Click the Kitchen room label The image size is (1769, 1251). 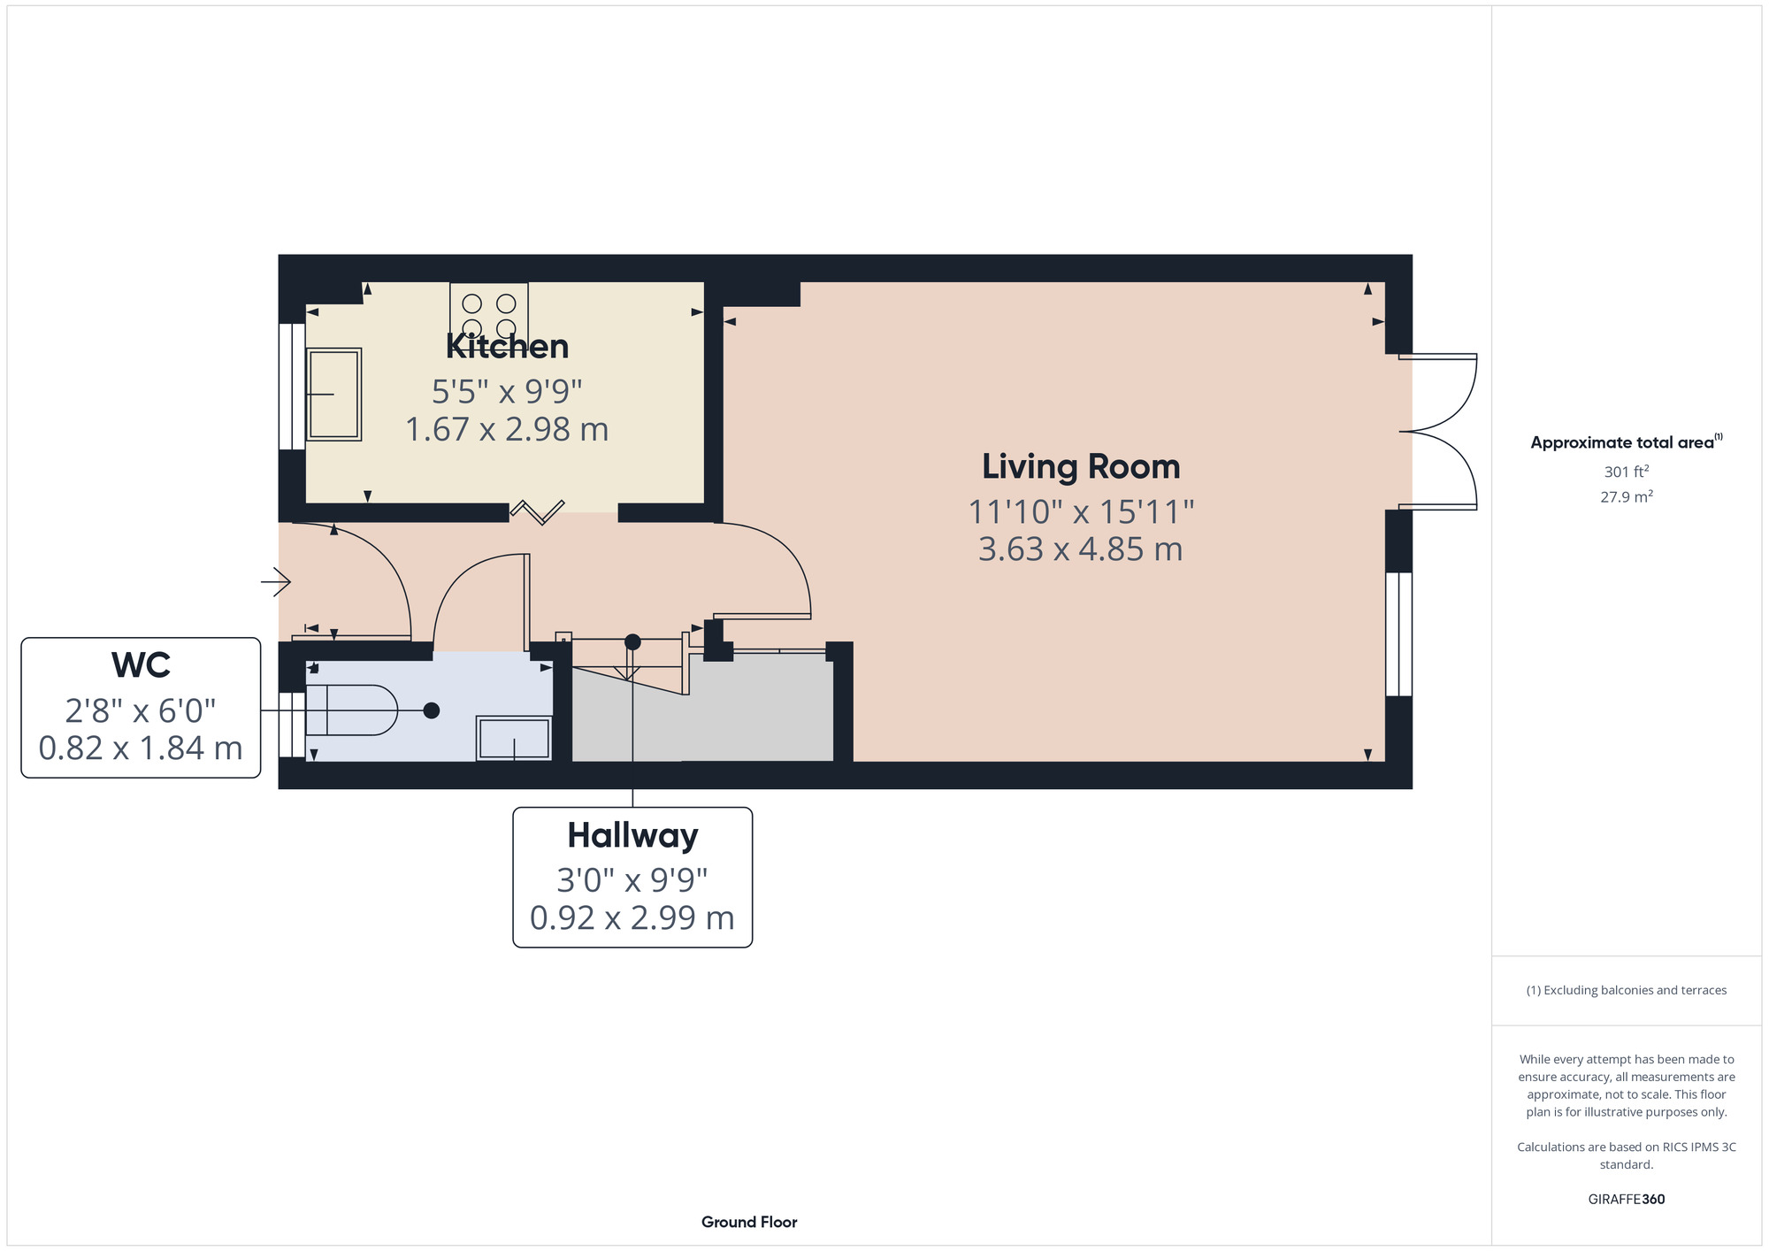(x=507, y=346)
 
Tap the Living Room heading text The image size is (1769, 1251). (x=1081, y=467)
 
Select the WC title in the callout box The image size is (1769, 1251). (x=142, y=665)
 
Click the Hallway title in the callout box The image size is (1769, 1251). (x=632, y=835)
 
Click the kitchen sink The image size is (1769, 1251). (x=333, y=395)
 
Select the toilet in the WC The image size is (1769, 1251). (x=352, y=710)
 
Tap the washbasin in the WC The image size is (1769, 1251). (x=514, y=738)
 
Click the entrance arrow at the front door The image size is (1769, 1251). (x=276, y=581)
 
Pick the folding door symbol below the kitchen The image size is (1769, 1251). (x=537, y=510)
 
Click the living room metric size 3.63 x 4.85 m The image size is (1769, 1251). (x=1081, y=549)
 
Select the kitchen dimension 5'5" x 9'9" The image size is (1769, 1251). (x=507, y=390)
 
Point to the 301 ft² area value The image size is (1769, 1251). (x=1627, y=472)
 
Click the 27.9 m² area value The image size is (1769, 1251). (x=1627, y=496)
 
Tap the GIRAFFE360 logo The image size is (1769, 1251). (x=1627, y=1200)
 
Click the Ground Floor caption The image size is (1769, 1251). (x=749, y=1222)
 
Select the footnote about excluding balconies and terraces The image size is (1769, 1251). (x=1627, y=990)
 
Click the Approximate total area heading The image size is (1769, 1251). (x=1627, y=441)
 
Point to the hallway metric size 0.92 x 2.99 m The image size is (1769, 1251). (x=632, y=918)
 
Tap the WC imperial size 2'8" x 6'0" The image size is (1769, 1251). (x=141, y=710)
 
